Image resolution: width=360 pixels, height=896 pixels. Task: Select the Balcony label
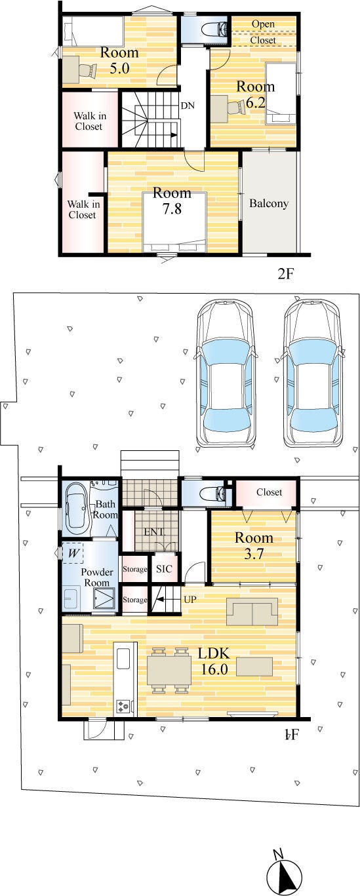point(269,203)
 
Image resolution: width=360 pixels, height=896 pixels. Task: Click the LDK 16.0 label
point(214,661)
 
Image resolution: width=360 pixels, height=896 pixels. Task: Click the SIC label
point(164,569)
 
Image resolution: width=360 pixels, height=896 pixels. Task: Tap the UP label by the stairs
point(190,599)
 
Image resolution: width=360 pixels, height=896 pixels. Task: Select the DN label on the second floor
point(188,106)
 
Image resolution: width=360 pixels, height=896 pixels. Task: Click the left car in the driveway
point(225,374)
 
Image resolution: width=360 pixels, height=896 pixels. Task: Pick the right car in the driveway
point(313,374)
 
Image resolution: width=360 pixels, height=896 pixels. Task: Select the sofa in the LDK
point(252,611)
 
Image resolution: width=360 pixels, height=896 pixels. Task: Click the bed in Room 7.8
point(174,222)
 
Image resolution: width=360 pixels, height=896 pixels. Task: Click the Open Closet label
point(263,32)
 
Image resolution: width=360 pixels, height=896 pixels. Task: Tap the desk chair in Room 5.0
point(88,70)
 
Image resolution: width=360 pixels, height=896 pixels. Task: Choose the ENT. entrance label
point(154,532)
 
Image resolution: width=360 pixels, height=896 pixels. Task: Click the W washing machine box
point(73,553)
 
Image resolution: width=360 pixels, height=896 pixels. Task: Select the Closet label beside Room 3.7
point(270,492)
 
